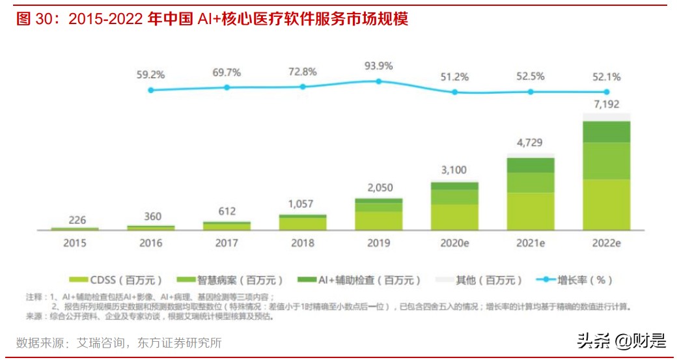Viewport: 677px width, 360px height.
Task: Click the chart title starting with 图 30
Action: [212, 19]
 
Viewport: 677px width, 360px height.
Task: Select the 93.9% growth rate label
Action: [378, 66]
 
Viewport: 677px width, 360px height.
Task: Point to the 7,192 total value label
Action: [606, 104]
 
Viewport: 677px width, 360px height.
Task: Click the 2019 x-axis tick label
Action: [378, 243]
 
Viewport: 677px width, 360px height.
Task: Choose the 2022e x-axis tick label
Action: [606, 243]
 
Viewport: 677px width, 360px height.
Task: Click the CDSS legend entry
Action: [117, 280]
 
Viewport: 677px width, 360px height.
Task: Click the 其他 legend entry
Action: [479, 280]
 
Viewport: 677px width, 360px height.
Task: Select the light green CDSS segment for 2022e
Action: [606, 204]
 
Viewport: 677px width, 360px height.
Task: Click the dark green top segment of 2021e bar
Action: [531, 165]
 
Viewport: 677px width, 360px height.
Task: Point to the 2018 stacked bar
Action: [303, 223]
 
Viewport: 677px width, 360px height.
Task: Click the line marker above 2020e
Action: [454, 92]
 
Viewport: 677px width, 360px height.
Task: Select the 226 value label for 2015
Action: [77, 220]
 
